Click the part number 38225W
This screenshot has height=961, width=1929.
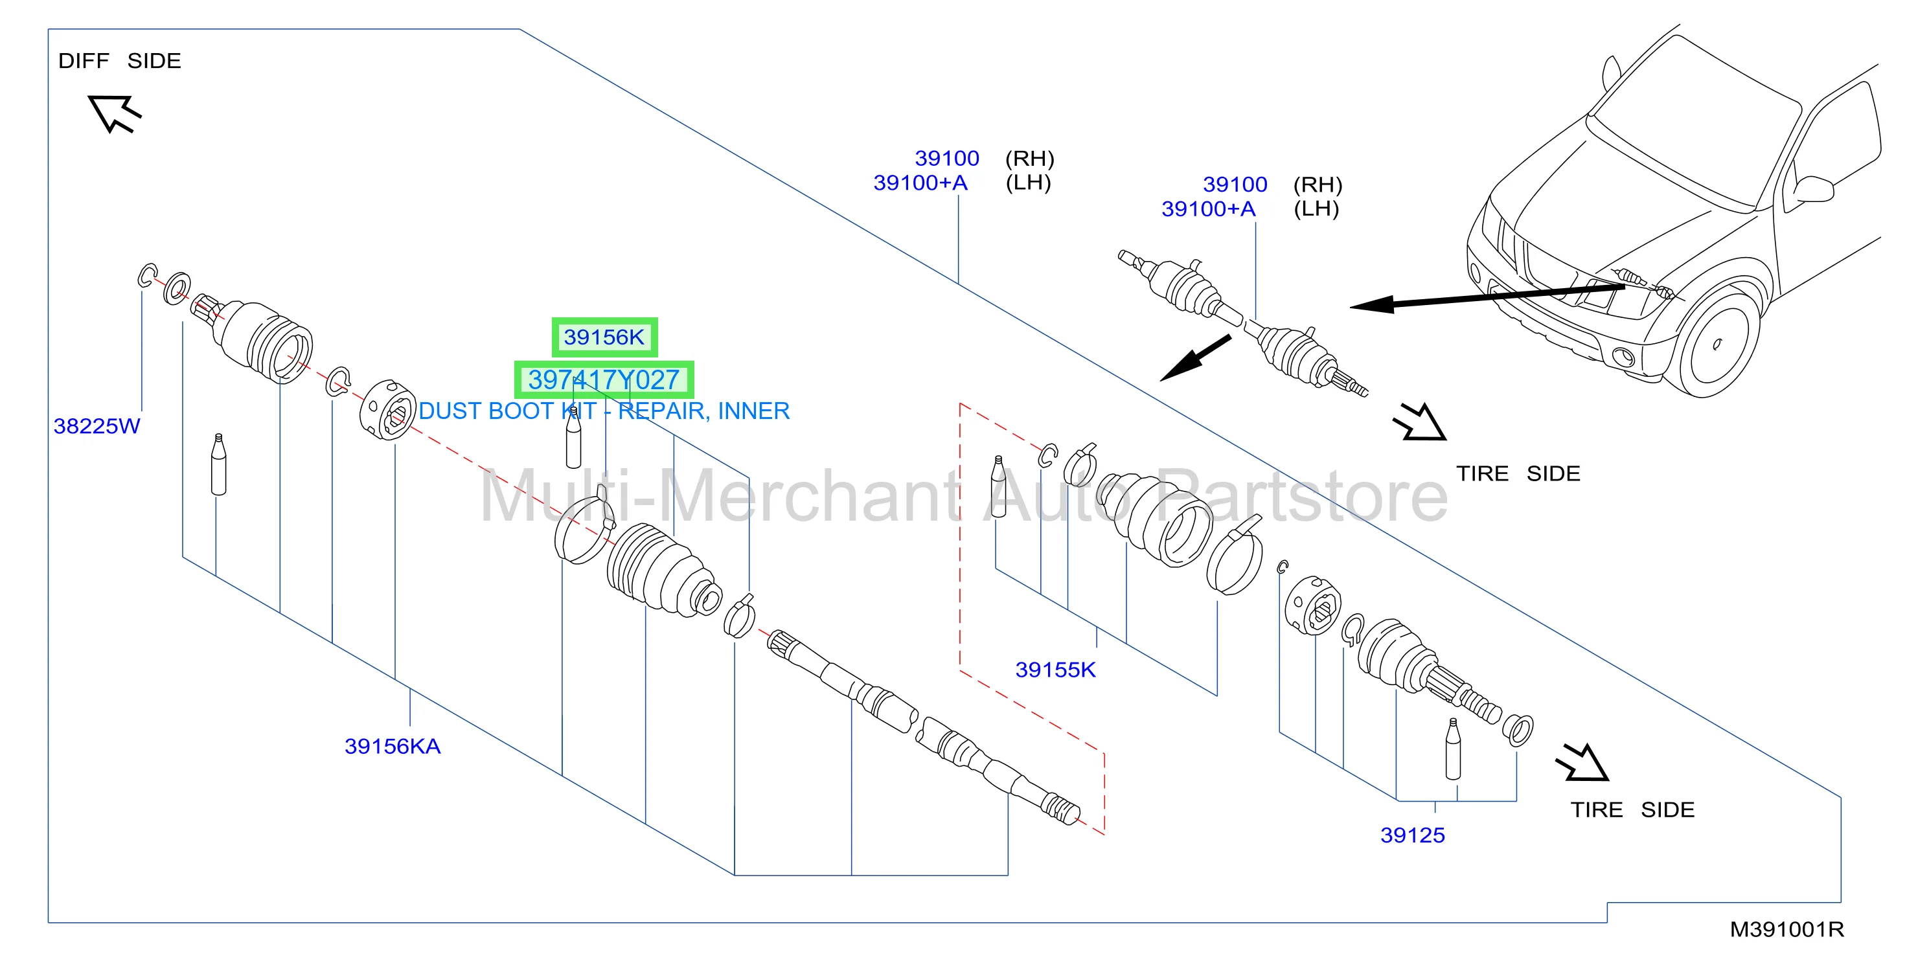(x=97, y=426)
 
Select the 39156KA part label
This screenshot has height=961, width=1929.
(x=393, y=746)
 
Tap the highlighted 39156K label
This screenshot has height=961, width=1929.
(x=604, y=337)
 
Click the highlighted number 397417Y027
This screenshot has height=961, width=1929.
(x=604, y=379)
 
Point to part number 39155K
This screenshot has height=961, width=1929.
(x=1055, y=670)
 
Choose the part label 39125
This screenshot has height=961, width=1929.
(x=1412, y=835)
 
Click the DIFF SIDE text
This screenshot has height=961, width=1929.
(x=120, y=61)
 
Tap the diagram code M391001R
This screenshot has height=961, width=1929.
(x=1786, y=929)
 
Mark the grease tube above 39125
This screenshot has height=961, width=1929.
(x=1453, y=749)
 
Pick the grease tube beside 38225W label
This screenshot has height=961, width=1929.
(x=219, y=464)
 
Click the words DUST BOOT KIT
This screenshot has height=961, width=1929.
(x=508, y=411)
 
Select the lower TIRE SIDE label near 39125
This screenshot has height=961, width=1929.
(x=1632, y=810)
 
